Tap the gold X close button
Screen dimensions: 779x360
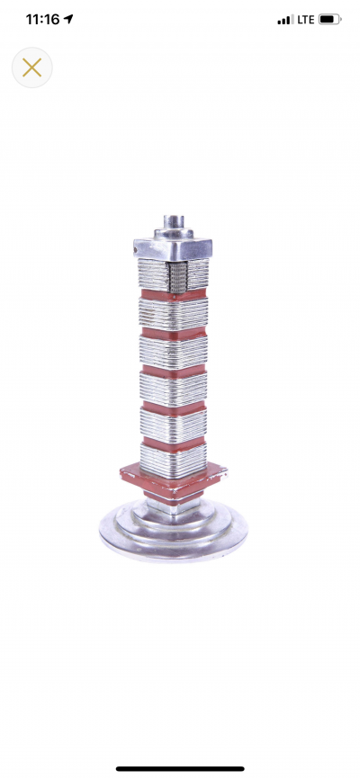pos(31,67)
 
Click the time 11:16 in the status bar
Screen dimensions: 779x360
pos(41,19)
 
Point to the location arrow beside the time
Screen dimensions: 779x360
pos(68,19)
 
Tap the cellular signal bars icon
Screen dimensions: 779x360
pos(285,19)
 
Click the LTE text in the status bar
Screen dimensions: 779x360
pos(305,19)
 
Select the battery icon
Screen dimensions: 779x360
pos(329,19)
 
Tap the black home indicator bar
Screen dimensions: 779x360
pos(180,768)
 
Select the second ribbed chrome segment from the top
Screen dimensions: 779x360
pos(173,312)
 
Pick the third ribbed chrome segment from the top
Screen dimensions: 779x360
pos(173,350)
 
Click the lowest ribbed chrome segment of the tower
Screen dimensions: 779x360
pos(173,459)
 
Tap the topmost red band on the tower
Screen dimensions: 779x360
pos(173,294)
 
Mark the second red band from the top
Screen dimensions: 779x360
pos(173,332)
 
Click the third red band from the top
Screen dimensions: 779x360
pos(173,369)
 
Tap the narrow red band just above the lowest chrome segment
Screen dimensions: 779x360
pos(173,441)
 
